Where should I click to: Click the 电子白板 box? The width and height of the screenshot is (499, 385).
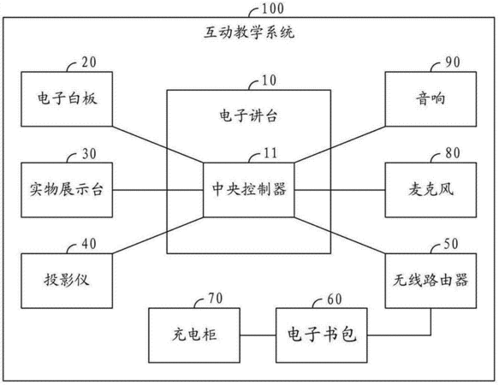pos(67,99)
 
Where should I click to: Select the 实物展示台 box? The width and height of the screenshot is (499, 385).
pos(67,190)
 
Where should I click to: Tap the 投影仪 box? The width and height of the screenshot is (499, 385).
pos(67,281)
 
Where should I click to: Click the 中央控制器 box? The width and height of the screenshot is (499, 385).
pos(249,190)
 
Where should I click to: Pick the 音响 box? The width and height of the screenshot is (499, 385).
pos(431,99)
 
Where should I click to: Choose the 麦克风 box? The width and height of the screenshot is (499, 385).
pos(431,190)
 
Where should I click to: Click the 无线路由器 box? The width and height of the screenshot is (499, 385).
pos(431,281)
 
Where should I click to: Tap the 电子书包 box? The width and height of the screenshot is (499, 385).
pos(322,335)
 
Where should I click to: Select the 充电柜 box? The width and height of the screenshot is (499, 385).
pos(194,335)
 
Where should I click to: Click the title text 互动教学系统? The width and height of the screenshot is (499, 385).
pos(249,33)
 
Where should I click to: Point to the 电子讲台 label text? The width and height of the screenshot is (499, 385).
pos(248,115)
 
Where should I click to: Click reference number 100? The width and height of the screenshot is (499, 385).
pos(272,9)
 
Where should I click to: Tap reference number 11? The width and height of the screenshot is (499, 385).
pos(270,153)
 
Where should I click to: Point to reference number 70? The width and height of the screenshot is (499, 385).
pos(216,299)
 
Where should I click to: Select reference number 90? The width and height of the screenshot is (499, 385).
pos(453,62)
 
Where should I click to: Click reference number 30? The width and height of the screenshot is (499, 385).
pos(89,154)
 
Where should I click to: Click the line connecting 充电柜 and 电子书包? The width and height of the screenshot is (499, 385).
pos(258,335)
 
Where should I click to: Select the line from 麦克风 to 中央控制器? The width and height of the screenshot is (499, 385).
pos(340,190)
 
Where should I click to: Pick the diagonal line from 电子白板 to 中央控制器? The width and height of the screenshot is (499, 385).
pos(157,145)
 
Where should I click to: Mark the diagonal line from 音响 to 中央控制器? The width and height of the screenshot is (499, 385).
pos(340,145)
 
